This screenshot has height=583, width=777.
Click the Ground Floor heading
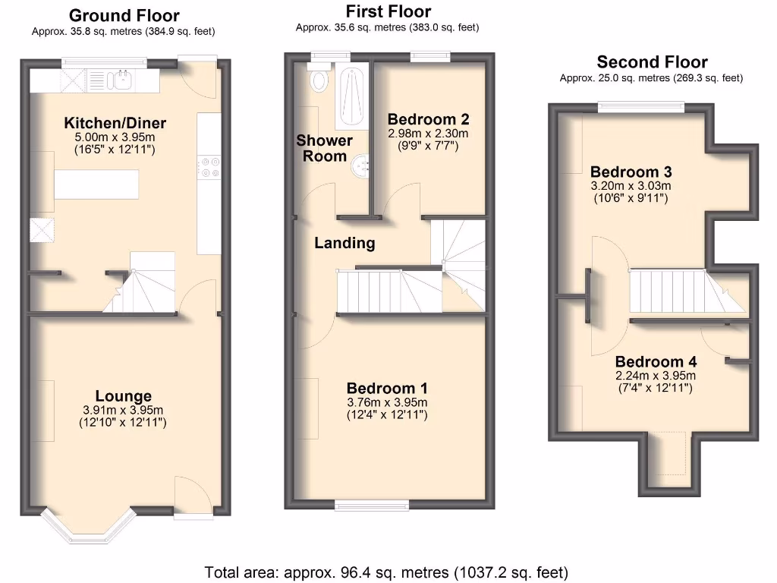pyautogui.click(x=124, y=15)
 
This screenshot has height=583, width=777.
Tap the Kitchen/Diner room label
pyautogui.click(x=115, y=123)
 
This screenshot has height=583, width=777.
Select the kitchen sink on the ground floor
pyautogui.click(x=121, y=79)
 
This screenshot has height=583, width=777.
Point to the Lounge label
pyautogui.click(x=123, y=395)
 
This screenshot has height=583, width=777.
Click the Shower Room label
pyautogui.click(x=324, y=148)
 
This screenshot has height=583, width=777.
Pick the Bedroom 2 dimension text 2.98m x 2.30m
pyautogui.click(x=428, y=134)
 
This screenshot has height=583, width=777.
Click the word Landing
pyautogui.click(x=344, y=243)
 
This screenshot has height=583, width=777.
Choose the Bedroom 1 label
pyautogui.click(x=387, y=388)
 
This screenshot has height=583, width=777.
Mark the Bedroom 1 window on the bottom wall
pyautogui.click(x=373, y=505)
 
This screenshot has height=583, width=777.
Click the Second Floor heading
pyautogui.click(x=652, y=62)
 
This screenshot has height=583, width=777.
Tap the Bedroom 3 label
pyautogui.click(x=631, y=172)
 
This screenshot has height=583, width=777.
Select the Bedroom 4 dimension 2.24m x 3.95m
pyautogui.click(x=656, y=376)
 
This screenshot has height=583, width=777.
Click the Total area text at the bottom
pyautogui.click(x=386, y=572)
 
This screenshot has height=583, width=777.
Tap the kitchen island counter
pyautogui.click(x=97, y=184)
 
